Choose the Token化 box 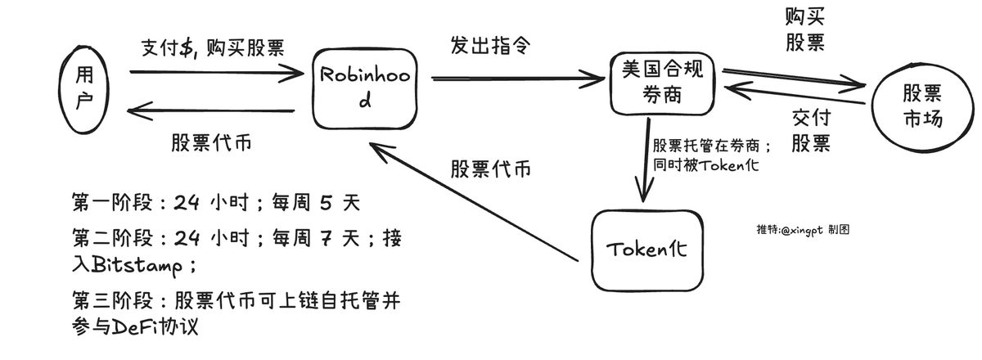click(646, 250)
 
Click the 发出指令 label click(488, 46)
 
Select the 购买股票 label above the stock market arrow click(804, 31)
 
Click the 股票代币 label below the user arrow click(211, 141)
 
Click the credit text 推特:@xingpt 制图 click(803, 230)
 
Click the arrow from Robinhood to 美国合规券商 click(516, 79)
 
